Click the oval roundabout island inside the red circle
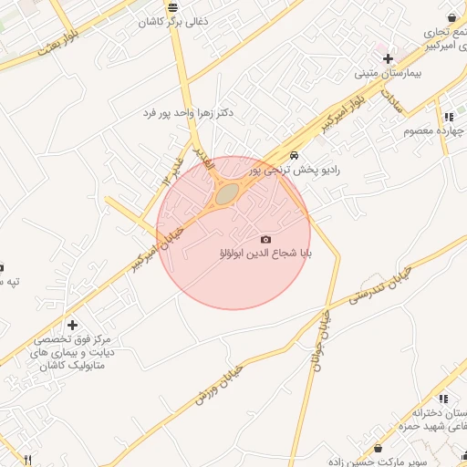pos(226,192)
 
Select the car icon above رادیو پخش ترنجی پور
pos(294,156)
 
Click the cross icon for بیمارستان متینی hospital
pos(389,58)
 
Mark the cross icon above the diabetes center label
pos(72,325)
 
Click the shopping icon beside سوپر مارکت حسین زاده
pos(379,448)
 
